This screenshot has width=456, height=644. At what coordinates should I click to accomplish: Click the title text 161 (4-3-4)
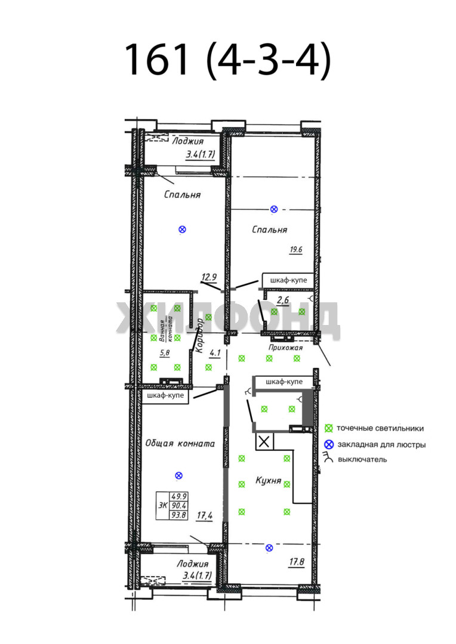[x=227, y=60]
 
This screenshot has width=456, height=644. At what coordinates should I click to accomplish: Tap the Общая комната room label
[x=180, y=444]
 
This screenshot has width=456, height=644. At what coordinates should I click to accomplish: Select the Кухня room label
[x=268, y=481]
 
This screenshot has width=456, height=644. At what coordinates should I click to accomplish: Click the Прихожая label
[x=285, y=348]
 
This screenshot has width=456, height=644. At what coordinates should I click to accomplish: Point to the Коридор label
[x=199, y=336]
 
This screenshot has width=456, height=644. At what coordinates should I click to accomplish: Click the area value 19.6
[x=295, y=249]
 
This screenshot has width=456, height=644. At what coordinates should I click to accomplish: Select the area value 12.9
[x=209, y=277]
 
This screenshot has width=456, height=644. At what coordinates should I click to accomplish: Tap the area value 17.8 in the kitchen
[x=297, y=562]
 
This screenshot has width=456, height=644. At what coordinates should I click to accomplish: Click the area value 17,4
[x=204, y=515]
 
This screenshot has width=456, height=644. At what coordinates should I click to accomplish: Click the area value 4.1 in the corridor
[x=215, y=353]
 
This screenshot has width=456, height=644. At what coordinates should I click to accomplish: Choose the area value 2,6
[x=283, y=300]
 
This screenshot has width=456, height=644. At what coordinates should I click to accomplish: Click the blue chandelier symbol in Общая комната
[x=178, y=476]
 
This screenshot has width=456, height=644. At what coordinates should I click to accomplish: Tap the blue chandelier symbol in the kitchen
[x=269, y=547]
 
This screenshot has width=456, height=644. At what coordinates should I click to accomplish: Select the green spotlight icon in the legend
[x=328, y=428]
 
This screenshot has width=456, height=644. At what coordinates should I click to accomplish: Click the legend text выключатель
[x=362, y=460]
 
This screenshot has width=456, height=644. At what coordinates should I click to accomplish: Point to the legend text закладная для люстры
[x=381, y=444]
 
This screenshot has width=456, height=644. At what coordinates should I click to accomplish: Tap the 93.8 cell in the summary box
[x=179, y=515]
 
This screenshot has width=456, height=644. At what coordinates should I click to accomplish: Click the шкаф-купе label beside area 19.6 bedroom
[x=289, y=280]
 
